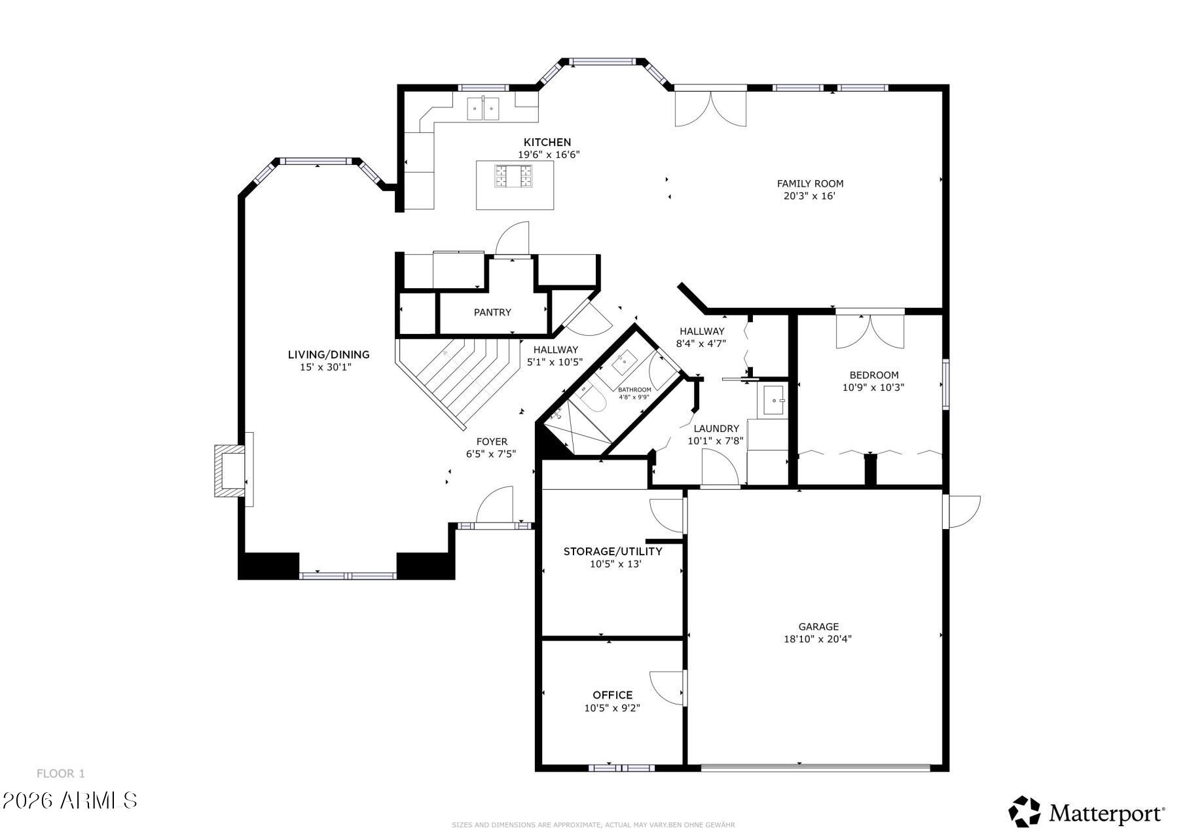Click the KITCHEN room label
[x=547, y=142]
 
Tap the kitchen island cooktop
[x=515, y=177]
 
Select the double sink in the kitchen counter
[x=483, y=109]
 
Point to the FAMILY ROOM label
[x=810, y=184]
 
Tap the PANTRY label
[x=492, y=312]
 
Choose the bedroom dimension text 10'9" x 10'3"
[x=873, y=388]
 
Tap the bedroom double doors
[x=869, y=332]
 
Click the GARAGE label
[x=818, y=627]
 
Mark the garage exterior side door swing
[x=963, y=511]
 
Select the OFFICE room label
[x=612, y=695]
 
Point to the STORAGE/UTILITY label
[x=613, y=551]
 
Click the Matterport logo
[x=1086, y=812]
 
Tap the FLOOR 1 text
[x=61, y=774]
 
